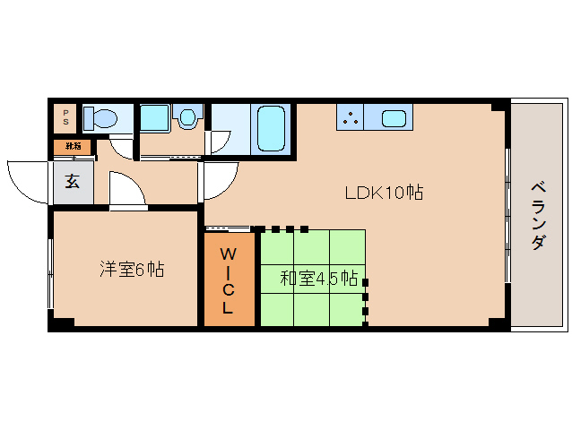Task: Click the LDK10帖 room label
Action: coord(385,191)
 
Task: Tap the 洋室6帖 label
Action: coord(131,269)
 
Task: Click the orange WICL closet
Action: coord(228,279)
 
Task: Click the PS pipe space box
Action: coord(65,117)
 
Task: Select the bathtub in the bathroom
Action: coord(270,129)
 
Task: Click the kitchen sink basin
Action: coord(394,117)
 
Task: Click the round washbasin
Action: coord(187,117)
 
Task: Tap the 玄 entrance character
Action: coord(72,182)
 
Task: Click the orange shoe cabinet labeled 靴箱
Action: coord(72,146)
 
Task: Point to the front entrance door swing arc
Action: coord(27,179)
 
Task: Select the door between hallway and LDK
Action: coord(220,179)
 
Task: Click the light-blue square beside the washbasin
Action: coord(155,117)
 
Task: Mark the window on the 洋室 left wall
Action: coord(50,269)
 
